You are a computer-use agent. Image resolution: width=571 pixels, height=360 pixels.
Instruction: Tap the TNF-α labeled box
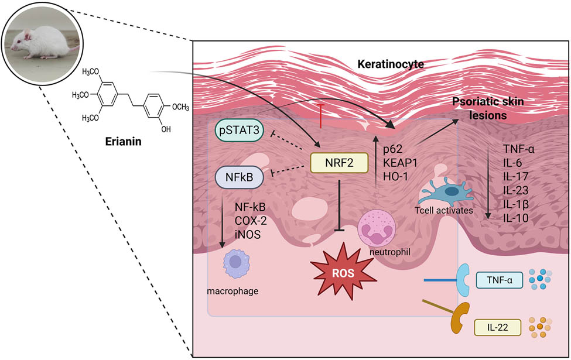497,280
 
